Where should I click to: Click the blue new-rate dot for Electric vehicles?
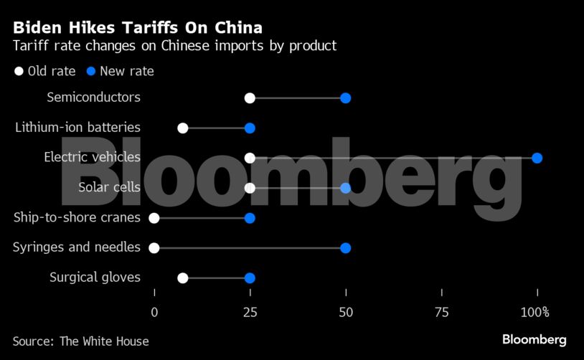coord(537,158)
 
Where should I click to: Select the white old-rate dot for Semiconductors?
coord(250,98)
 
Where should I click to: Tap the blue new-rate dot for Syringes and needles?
coord(345,248)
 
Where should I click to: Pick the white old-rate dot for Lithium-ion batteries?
coord(183,128)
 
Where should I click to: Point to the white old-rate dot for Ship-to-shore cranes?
coord(154,218)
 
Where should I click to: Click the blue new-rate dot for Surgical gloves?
coord(250,278)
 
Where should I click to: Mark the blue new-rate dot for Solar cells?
coord(345,188)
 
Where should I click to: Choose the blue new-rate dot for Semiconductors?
coord(345,98)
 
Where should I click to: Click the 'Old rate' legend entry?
coord(44,71)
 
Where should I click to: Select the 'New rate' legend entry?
coord(120,71)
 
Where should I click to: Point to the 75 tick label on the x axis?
coord(441,312)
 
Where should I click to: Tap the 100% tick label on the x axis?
coord(535,312)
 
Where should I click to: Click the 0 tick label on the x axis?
coord(154,312)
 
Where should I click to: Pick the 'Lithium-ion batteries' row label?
coord(77,128)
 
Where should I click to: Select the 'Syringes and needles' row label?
coord(77,247)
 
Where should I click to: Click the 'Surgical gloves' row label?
coord(95,278)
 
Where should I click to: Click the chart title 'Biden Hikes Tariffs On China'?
coord(137,28)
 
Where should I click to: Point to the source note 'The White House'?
coord(104,341)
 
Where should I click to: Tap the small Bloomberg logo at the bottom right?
coord(534,340)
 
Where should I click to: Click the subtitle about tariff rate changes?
coord(174,47)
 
